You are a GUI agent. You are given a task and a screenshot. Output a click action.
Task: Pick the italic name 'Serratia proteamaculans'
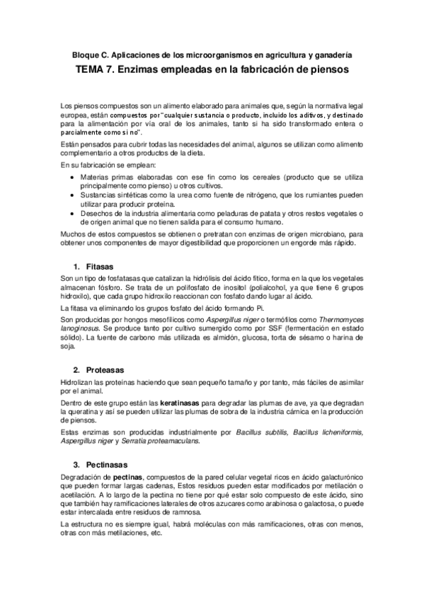pos(160,441)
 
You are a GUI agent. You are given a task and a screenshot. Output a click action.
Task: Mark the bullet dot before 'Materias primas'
pos(69,173)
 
